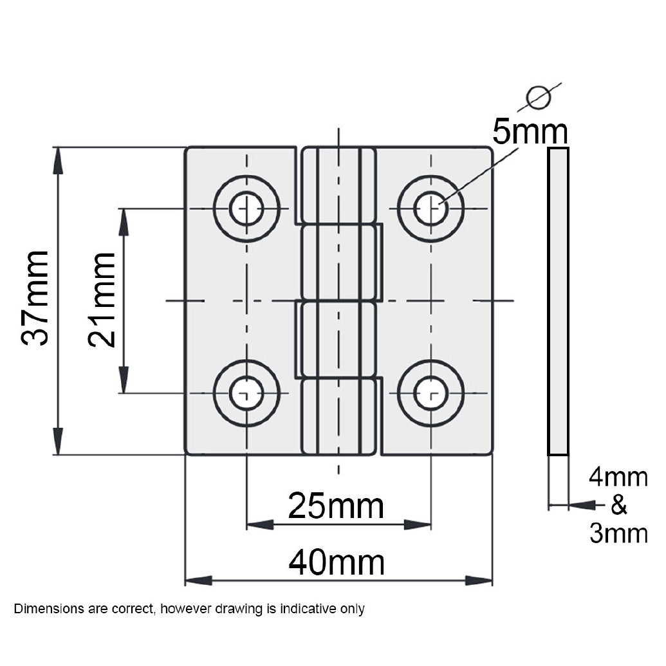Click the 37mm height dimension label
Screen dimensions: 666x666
click(x=35, y=299)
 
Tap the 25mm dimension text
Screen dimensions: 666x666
click(x=335, y=506)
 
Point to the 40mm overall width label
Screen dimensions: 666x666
click(x=337, y=564)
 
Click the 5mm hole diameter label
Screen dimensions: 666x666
click(x=530, y=133)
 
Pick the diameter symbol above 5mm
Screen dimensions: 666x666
click(x=539, y=97)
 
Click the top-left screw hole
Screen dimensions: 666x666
click(x=246, y=208)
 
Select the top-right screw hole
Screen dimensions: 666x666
click(x=430, y=208)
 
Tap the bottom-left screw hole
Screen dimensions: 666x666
click(x=246, y=393)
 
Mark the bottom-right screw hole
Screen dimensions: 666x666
click(x=430, y=393)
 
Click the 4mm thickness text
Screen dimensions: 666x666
click(x=618, y=477)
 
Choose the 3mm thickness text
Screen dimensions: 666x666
click(x=618, y=534)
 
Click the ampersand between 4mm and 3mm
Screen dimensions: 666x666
click(x=618, y=506)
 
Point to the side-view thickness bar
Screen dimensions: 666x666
click(x=558, y=301)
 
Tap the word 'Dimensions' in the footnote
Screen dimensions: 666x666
click(x=44, y=609)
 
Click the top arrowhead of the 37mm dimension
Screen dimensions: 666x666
click(x=58, y=158)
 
